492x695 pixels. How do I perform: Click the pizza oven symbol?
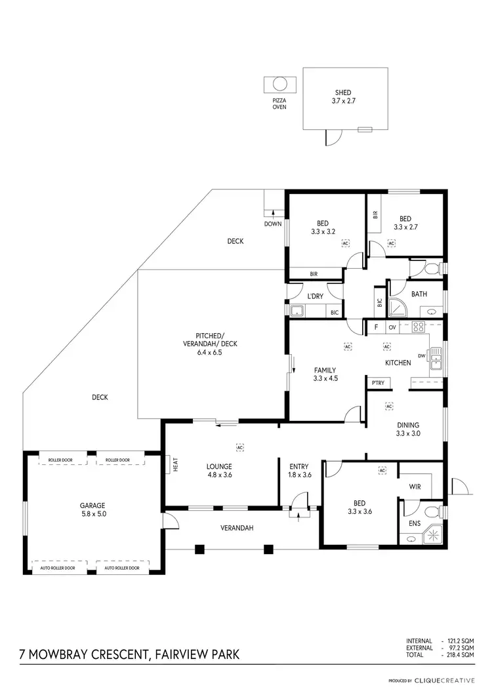point(279,85)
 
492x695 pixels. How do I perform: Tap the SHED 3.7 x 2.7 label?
point(342,97)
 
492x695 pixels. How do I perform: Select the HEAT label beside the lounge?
point(175,464)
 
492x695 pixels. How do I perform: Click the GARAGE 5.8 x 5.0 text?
point(92,509)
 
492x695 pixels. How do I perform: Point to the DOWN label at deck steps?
point(273,224)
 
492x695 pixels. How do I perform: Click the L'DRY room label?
point(316,296)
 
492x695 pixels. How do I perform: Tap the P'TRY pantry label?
point(377,383)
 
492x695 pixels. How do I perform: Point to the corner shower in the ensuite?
point(433,535)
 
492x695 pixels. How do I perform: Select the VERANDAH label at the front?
point(237,528)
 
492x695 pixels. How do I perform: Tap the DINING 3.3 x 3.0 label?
point(407,429)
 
